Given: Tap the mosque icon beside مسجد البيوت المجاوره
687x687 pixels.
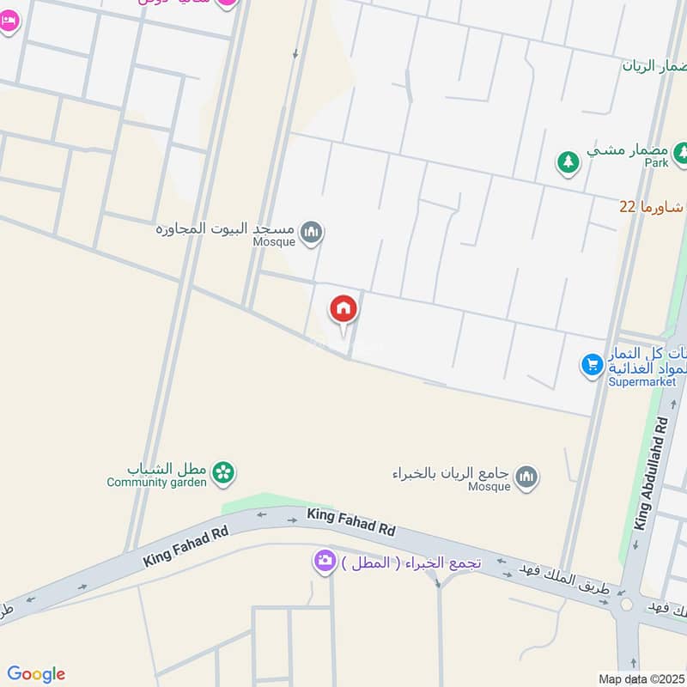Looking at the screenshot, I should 313,232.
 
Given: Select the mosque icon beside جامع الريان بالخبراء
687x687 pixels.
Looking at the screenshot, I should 527,476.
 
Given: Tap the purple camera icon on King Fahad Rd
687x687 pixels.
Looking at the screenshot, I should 324,562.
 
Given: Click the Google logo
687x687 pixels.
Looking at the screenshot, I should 36,674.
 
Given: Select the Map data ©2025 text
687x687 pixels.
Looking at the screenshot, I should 641,678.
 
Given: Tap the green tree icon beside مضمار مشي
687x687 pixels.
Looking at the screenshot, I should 567,161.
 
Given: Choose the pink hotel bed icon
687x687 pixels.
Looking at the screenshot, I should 8,21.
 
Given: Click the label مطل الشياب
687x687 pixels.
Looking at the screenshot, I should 168,469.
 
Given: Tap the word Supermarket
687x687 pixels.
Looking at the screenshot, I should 642,381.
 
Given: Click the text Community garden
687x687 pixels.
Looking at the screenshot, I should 156,483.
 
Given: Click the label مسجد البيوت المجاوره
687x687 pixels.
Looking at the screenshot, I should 225,229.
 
